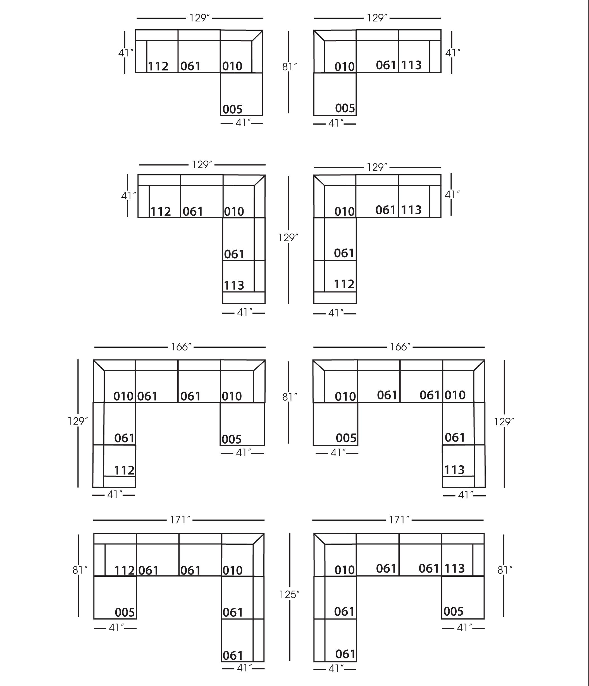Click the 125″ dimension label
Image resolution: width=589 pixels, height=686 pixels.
click(289, 595)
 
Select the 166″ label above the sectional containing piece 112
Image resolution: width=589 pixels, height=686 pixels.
click(181, 347)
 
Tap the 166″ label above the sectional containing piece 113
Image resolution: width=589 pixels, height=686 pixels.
click(400, 347)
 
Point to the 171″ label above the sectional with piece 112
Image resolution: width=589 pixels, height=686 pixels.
click(180, 520)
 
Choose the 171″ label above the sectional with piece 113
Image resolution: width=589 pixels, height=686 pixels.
click(399, 520)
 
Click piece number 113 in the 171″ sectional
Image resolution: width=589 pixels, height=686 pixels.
click(454, 568)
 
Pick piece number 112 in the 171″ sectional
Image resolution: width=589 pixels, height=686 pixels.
click(124, 570)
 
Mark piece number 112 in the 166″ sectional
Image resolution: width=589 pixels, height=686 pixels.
click(124, 470)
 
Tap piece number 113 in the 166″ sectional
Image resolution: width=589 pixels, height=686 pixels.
click(454, 470)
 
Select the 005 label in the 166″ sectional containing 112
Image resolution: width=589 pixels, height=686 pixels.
click(232, 439)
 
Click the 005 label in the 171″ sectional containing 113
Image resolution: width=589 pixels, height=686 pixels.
click(453, 611)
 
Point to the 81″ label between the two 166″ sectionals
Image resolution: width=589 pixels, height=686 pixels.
click(290, 397)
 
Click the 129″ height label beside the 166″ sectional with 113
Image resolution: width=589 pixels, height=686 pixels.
click(504, 422)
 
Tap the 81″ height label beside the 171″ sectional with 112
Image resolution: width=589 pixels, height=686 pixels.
click(80, 570)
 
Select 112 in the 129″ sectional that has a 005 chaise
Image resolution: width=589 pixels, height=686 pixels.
click(158, 66)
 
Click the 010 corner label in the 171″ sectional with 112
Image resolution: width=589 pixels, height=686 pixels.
click(232, 570)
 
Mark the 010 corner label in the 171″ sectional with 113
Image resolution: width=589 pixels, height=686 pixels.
click(345, 570)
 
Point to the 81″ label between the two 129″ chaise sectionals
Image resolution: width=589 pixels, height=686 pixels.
click(290, 67)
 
